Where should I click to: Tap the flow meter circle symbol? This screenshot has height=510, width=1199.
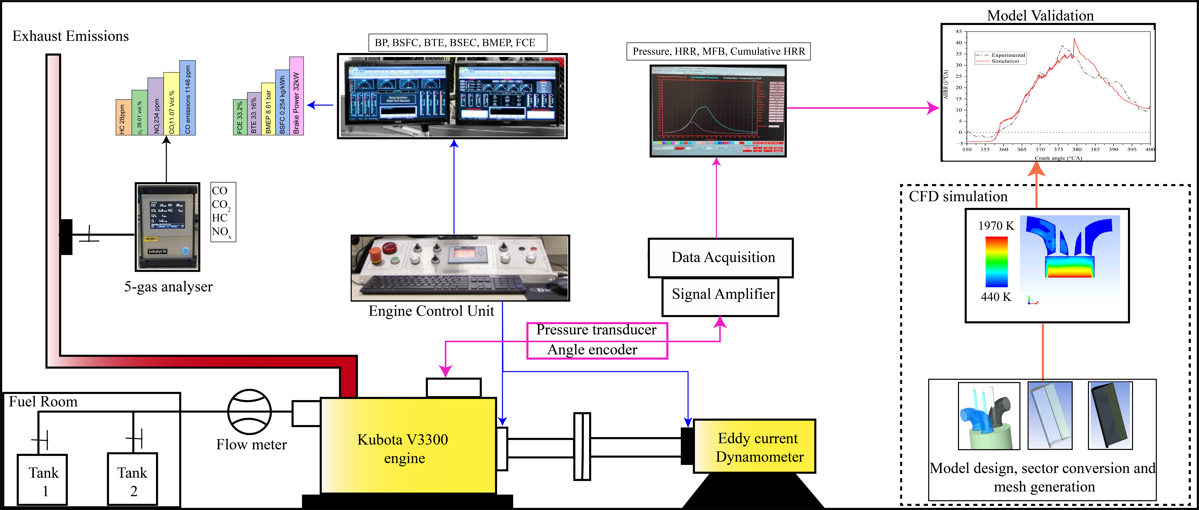click(249, 412)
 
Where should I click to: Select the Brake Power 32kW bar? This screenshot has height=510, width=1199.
click(296, 96)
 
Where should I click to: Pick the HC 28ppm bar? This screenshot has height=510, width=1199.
click(123, 118)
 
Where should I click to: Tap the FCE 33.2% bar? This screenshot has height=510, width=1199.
click(240, 118)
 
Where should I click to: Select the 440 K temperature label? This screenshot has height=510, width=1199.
click(996, 297)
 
